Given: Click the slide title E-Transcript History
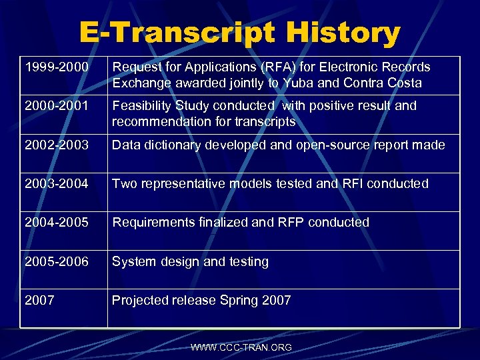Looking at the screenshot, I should [240, 33].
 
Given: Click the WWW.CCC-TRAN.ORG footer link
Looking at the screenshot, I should [241, 347].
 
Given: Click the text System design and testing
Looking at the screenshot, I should [190, 261].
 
